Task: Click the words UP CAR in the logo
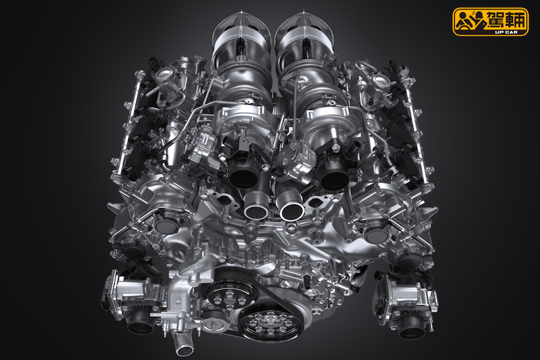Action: tap(506, 32)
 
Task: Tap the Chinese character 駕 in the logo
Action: tap(494, 20)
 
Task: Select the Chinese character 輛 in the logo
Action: tap(515, 20)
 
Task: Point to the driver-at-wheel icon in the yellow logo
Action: tap(469, 21)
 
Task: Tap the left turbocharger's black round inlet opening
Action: tap(244, 174)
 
